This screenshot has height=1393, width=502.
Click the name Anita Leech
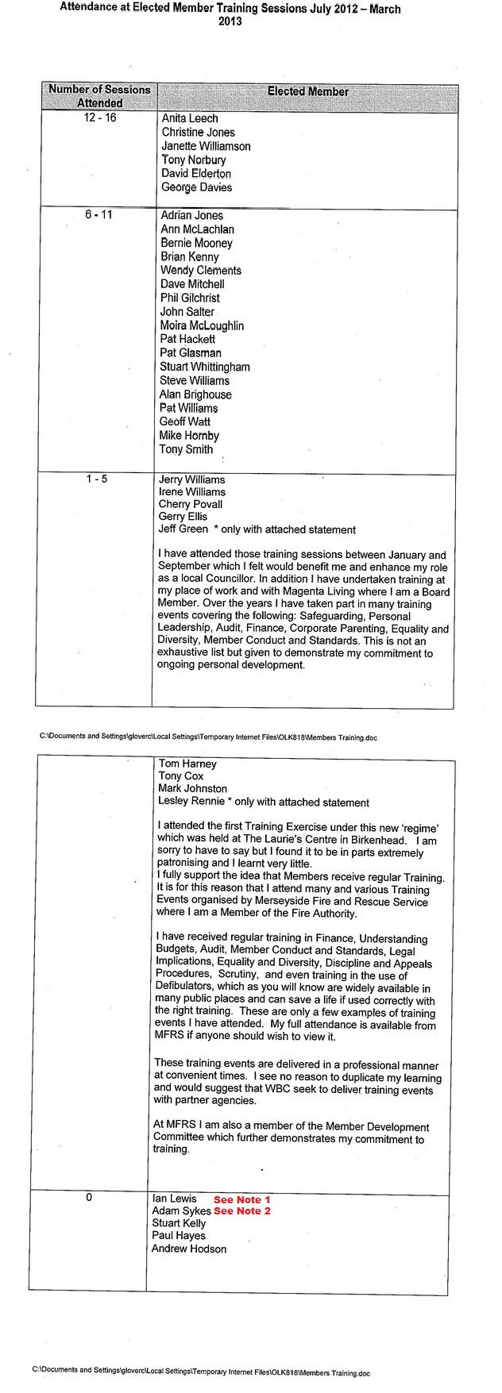[x=189, y=118]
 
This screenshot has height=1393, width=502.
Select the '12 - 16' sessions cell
[x=99, y=118]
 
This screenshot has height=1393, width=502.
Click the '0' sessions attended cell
[x=89, y=1198]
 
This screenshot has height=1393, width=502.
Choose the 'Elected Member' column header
[x=307, y=91]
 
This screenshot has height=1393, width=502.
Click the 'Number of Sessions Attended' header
[x=99, y=96]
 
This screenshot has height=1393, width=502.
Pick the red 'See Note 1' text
[x=242, y=1199]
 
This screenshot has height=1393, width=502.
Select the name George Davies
[x=196, y=187]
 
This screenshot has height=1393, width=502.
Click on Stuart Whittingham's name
[x=205, y=367]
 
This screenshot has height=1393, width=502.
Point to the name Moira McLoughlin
[x=202, y=325]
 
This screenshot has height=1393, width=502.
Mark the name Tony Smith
[x=186, y=449]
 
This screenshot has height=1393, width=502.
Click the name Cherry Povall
[x=191, y=504]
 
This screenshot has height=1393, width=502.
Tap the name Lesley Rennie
[x=191, y=802]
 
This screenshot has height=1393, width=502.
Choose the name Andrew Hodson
[x=189, y=1249]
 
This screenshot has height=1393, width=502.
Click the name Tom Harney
[x=187, y=764]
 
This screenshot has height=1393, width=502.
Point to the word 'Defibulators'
[x=185, y=988]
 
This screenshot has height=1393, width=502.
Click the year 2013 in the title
[x=230, y=22]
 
